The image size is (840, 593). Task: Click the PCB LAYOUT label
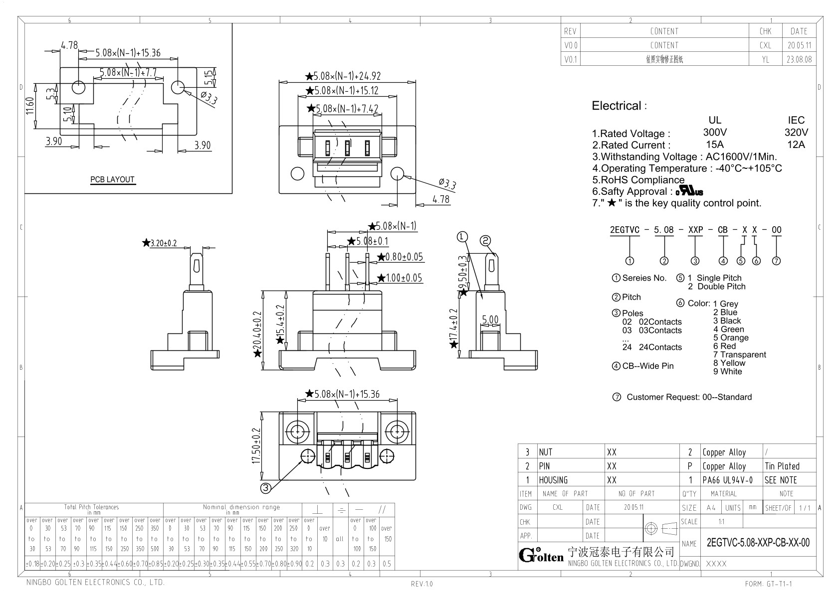click(112, 179)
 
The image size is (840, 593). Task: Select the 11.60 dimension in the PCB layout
click(30, 106)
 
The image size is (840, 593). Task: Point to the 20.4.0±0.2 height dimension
click(257, 331)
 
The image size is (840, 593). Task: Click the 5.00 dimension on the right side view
click(490, 320)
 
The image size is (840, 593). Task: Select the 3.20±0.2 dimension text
click(164, 244)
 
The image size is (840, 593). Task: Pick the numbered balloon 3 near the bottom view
click(266, 488)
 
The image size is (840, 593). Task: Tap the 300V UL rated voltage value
click(715, 133)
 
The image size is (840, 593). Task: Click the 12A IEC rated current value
click(796, 145)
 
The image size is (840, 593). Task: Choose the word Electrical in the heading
click(616, 106)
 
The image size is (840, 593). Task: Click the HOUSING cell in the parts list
click(553, 480)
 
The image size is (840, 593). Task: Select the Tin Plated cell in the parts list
click(782, 466)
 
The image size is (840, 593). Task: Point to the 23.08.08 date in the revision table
click(799, 59)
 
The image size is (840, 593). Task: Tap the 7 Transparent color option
click(739, 354)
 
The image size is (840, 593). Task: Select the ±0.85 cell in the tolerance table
click(155, 564)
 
